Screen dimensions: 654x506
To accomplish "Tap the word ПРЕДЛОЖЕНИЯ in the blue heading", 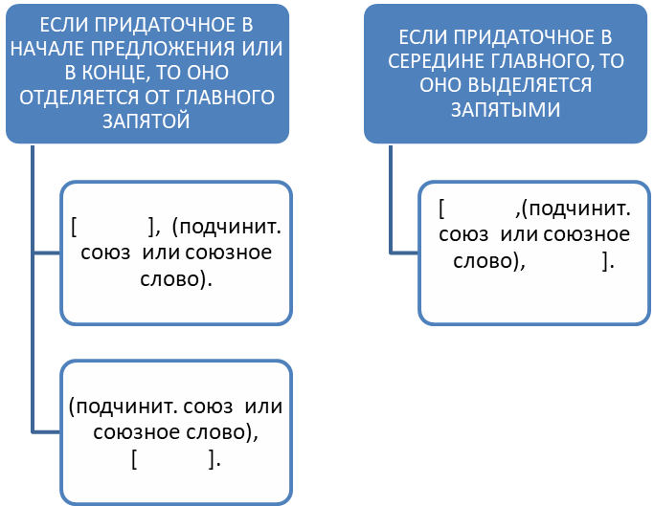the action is tap(164, 49).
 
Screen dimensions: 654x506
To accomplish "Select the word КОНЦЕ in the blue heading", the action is tap(112, 73).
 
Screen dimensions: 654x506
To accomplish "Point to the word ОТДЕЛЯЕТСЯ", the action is tap(78, 98).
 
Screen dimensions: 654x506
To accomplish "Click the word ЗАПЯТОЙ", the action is tap(147, 121).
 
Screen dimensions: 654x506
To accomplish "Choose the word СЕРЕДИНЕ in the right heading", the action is tap(436, 61).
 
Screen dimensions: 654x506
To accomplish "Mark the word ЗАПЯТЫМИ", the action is tap(506, 110).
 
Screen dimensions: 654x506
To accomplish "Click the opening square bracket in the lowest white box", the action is tap(134, 460).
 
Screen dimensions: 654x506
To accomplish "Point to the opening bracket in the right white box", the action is tap(441, 209).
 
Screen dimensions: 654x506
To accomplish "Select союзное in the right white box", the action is tap(586, 234).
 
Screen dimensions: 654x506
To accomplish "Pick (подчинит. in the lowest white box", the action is tap(123, 407).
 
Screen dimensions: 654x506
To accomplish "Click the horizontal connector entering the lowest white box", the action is tap(46, 432).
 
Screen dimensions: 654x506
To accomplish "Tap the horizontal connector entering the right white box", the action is tap(404, 253).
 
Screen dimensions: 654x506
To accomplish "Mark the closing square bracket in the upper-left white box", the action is tap(152, 227).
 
